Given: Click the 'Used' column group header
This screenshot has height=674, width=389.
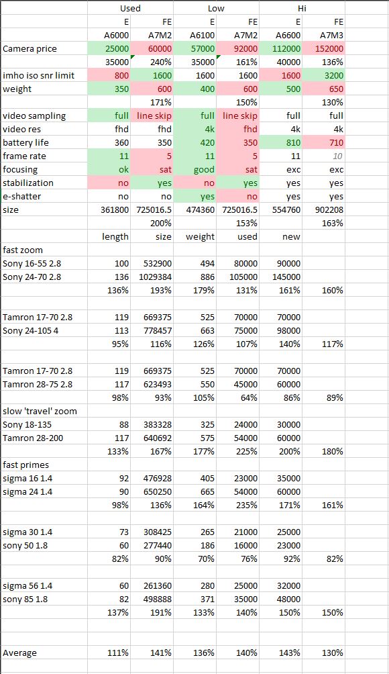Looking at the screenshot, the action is pos(130,8).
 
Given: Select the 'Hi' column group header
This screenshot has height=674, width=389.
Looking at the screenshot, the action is pos(302,8).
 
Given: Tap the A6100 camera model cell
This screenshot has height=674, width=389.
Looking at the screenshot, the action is pos(203,36).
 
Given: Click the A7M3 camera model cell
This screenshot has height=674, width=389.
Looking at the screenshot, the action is pos(332,36).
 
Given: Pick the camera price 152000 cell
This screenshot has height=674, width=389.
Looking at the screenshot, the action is pos(329,48).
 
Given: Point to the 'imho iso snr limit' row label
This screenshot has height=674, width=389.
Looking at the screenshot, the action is pos(39,75).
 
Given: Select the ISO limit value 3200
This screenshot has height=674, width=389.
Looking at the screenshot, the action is pos(334,76).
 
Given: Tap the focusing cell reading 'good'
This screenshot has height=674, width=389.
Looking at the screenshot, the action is pos(204,169).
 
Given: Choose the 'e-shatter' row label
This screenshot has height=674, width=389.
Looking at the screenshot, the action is pos(23,197).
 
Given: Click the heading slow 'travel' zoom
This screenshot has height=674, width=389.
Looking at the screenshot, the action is pos(40,411).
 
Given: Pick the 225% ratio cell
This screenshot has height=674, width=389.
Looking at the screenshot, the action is pos(247,451).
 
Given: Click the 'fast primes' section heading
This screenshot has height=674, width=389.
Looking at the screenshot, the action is pos(25,465).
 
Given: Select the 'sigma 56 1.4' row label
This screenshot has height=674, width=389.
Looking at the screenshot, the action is pos(27,585).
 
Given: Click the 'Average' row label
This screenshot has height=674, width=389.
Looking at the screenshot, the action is pos(19,653).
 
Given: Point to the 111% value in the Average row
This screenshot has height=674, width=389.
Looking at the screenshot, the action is pos(118,653).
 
